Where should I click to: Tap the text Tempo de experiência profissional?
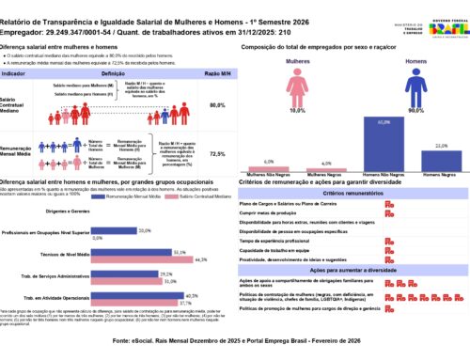pos(282,240)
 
